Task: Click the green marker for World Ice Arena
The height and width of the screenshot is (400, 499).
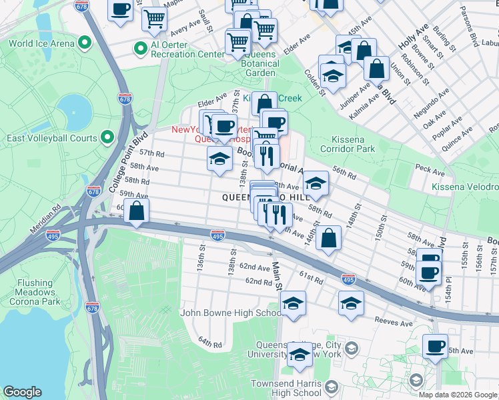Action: (84, 43)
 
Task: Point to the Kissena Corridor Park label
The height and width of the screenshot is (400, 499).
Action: (359, 144)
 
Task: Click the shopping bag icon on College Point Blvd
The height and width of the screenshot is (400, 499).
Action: (137, 211)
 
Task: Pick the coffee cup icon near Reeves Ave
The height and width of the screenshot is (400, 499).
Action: (435, 346)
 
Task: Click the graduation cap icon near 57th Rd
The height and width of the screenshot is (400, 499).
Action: (219, 158)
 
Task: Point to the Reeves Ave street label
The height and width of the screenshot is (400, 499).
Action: (392, 321)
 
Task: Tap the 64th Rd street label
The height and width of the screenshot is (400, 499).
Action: (209, 343)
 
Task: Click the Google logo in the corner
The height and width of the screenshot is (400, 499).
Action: (22, 392)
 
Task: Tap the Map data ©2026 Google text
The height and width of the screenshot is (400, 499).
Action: (458, 395)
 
